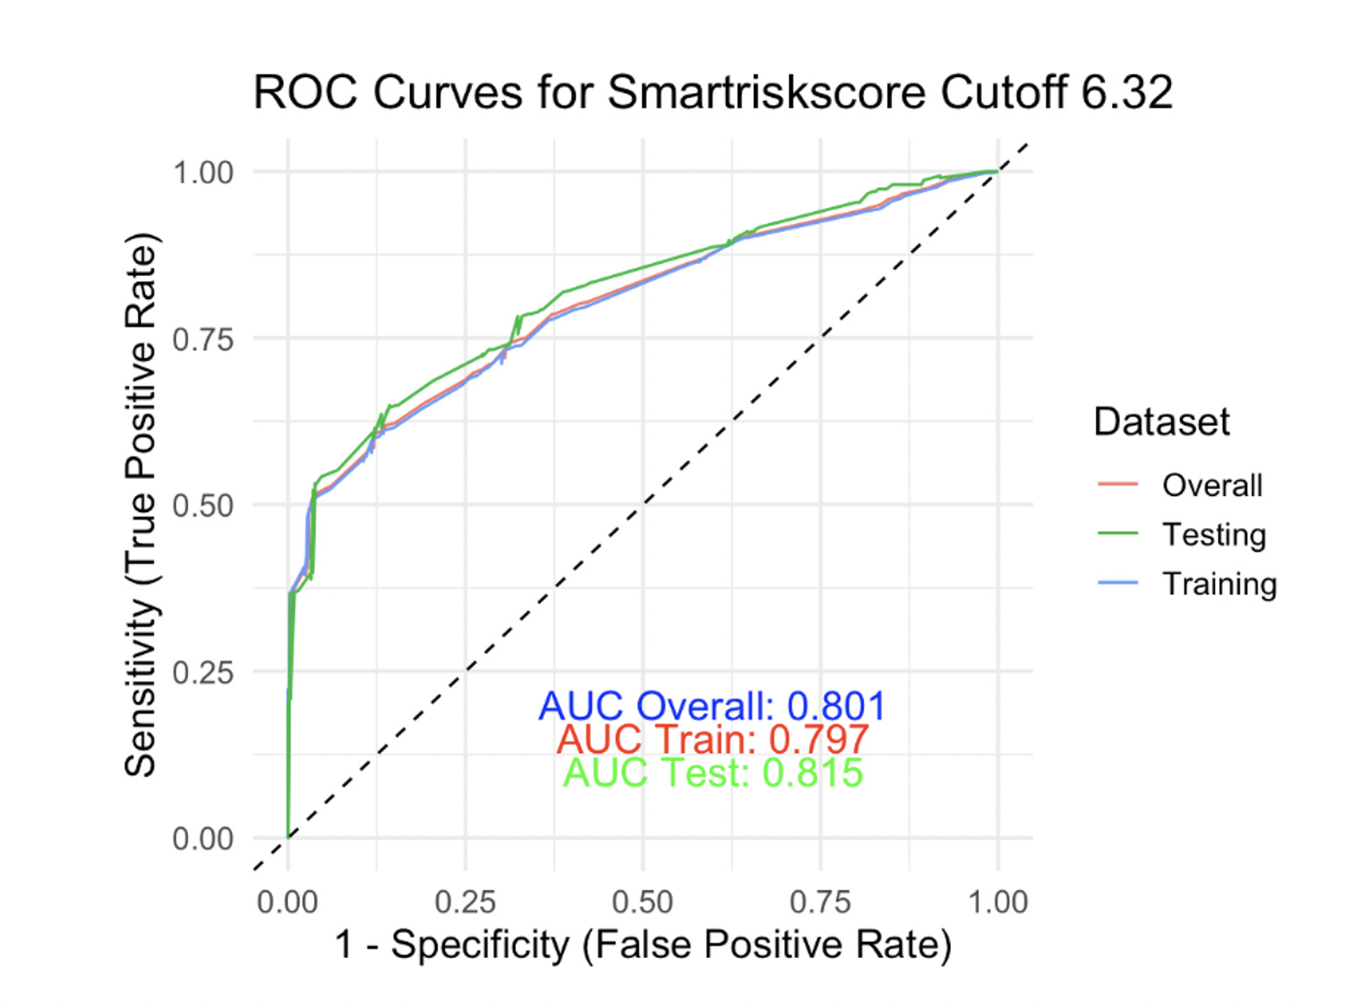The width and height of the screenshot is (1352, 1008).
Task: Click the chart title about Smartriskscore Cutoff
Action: (x=713, y=92)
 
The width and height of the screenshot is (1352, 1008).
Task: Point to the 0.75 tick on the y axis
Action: (x=203, y=339)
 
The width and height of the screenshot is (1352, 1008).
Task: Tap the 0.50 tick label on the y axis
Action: (x=203, y=506)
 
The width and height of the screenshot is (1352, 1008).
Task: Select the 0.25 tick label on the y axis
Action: (x=203, y=672)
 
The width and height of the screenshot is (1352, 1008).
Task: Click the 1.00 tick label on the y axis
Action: (x=203, y=172)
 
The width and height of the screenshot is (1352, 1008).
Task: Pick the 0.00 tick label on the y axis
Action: (x=203, y=839)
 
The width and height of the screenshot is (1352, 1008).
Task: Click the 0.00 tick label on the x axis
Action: (x=287, y=901)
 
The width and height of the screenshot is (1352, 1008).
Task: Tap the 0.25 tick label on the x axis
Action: (x=465, y=901)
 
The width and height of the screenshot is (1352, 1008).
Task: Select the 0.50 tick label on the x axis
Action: (x=642, y=901)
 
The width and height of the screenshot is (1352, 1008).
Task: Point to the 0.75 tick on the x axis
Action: (x=819, y=901)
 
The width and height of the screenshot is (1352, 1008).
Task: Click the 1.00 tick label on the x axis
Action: (x=997, y=901)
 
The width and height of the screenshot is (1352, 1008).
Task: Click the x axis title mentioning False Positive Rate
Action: (x=642, y=944)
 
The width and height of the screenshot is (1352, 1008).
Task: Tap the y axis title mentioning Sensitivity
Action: (x=141, y=505)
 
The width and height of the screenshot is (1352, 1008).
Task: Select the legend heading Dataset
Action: (x=1161, y=422)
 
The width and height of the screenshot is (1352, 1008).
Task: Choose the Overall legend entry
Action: (x=1211, y=485)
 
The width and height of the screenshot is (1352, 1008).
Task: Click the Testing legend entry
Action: (x=1213, y=534)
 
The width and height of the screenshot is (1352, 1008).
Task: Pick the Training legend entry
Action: (x=1219, y=584)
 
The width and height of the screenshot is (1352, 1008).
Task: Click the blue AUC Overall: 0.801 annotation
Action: (x=712, y=705)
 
